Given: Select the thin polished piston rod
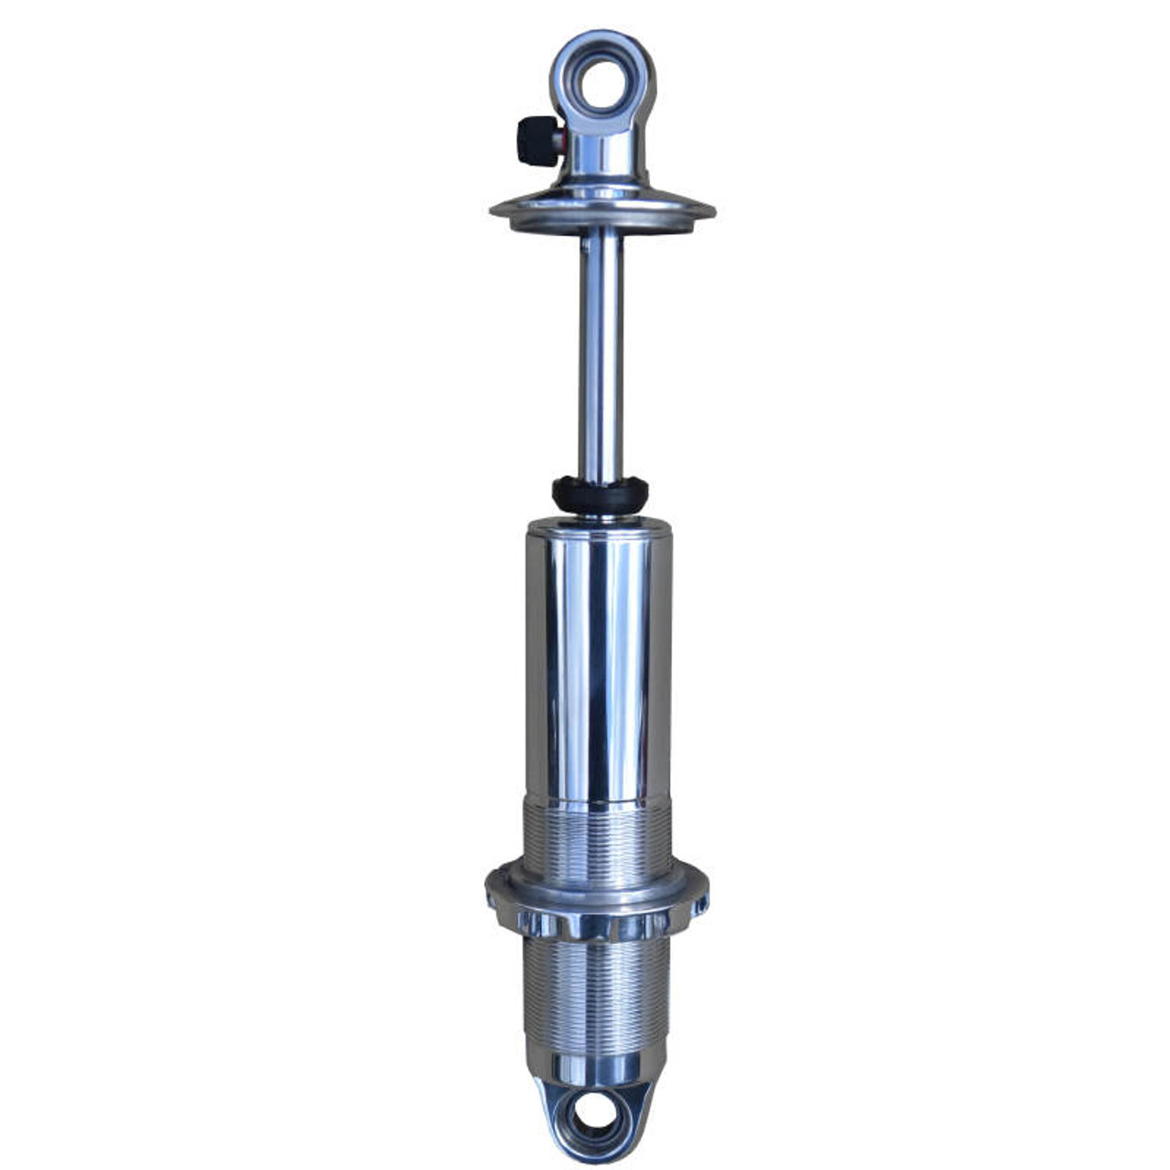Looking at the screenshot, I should point(601,356).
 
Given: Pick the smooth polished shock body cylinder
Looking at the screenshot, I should point(599,658).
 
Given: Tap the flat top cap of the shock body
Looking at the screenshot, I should point(599,524).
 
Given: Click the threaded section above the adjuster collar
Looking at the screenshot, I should point(599,836).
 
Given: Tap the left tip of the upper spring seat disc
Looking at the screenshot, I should point(493,211).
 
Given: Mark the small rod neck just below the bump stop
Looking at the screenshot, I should point(600,515).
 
